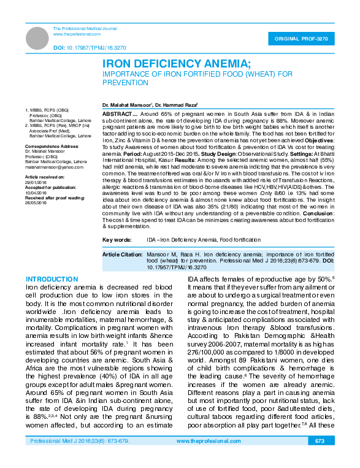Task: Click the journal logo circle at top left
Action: pos(38,38)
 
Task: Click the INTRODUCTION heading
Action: pos(52,279)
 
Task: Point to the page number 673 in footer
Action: pos(320,458)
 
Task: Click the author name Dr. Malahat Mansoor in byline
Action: pos(127,106)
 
